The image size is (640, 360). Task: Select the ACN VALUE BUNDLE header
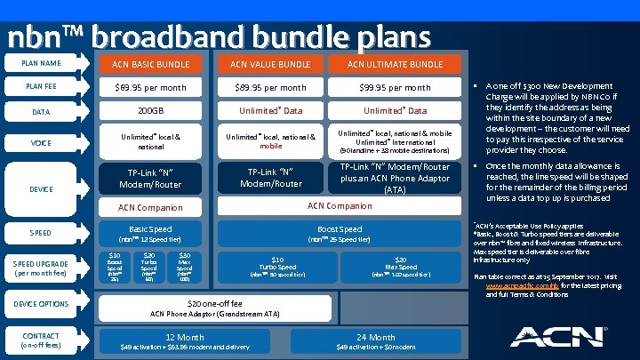click(270, 64)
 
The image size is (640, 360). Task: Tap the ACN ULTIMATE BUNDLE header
click(395, 64)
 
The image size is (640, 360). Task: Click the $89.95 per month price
click(270, 88)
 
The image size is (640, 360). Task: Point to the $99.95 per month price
click(395, 88)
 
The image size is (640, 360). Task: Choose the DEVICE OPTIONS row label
click(41, 304)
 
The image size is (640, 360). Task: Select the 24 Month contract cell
click(375, 340)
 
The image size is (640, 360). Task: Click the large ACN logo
click(551, 336)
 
